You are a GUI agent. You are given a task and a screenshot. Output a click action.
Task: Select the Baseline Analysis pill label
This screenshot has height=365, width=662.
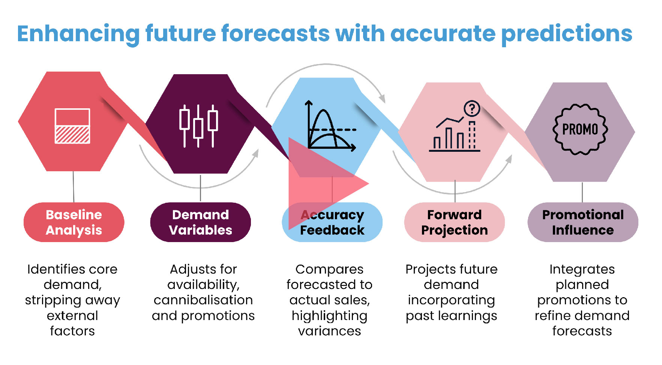(x=74, y=222)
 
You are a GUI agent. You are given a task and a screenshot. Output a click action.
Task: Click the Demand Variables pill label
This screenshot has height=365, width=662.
(x=200, y=222)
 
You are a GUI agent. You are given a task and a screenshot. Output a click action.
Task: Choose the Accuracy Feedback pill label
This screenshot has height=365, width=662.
(x=332, y=222)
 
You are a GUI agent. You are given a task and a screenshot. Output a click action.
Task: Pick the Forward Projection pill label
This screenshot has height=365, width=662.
(x=454, y=222)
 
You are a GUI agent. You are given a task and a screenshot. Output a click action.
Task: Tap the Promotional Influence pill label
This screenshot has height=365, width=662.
(x=583, y=222)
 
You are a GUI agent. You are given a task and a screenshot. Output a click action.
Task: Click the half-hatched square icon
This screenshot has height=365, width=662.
(x=72, y=126)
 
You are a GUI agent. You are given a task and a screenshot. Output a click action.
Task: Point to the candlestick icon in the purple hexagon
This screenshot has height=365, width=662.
(x=198, y=126)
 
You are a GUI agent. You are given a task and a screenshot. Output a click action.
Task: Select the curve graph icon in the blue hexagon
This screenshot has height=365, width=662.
(x=331, y=126)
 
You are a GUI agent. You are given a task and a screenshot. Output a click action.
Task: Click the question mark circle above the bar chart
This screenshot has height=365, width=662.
(x=472, y=109)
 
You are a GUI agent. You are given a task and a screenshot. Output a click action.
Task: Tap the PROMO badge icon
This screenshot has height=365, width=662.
(x=580, y=130)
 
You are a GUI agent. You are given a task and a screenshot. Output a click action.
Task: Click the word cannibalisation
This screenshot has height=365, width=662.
(x=203, y=300)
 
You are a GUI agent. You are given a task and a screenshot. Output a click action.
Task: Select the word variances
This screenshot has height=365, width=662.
(x=329, y=331)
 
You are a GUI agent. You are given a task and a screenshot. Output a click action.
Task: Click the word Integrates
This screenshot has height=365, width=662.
(x=582, y=270)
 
